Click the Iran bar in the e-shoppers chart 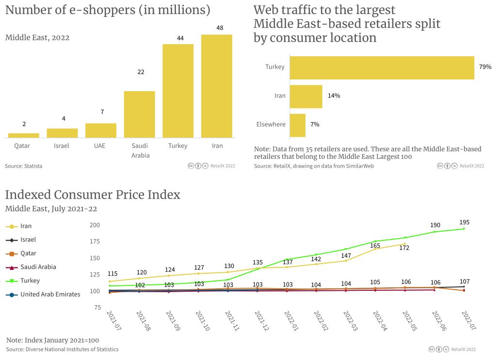217,86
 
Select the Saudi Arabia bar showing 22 140,114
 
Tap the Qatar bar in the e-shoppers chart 24,135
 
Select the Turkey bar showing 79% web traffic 382,68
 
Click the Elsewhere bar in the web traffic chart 298,125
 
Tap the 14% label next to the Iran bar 334,96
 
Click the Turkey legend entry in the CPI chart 30,281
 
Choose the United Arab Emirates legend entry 50,294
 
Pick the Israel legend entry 28,239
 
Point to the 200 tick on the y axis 95,225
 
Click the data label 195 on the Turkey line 464,222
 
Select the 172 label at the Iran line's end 404,248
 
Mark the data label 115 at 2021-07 112,274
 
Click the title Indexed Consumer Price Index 93,195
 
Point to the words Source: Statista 23,166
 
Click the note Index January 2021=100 52,340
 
